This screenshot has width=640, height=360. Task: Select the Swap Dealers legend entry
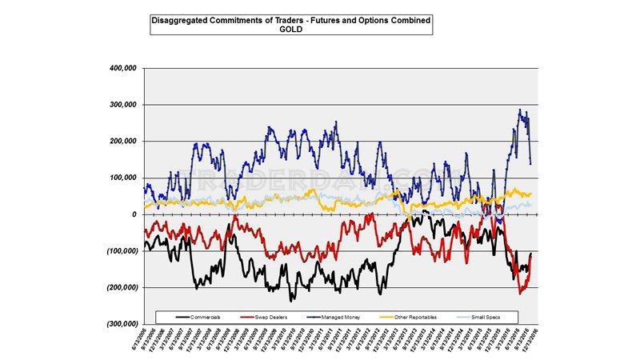[x=270, y=318]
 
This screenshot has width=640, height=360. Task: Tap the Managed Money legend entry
[x=340, y=318]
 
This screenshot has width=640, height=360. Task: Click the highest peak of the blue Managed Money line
[x=520, y=110]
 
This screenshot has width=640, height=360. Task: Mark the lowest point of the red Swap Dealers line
[x=520, y=294]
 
